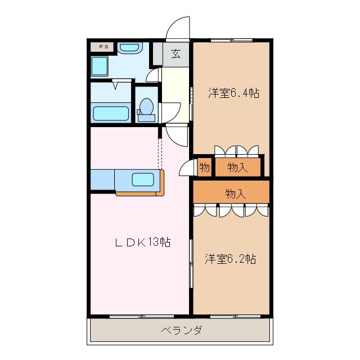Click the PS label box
103,47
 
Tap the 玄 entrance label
176,54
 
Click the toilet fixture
147,107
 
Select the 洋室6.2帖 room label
231,259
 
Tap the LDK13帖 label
143,242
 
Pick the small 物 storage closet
204,167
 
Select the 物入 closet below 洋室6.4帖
237,167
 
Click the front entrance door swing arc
179,28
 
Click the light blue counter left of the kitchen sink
102,180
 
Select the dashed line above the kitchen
160,153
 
